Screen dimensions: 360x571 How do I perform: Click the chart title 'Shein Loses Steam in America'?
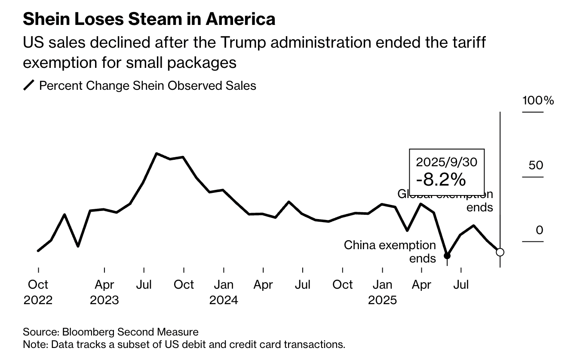(x=149, y=19)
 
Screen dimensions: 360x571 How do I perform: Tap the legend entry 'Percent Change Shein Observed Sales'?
(x=147, y=85)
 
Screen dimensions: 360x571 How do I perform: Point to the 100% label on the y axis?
(x=538, y=101)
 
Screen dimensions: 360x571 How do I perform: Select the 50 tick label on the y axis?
(x=536, y=165)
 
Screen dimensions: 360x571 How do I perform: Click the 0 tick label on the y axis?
(x=539, y=230)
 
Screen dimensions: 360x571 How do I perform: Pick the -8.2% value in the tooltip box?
(x=444, y=179)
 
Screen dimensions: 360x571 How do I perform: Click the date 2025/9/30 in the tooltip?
(x=447, y=162)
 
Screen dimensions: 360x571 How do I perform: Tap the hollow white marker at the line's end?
(x=500, y=252)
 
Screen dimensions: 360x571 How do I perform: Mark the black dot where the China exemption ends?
(x=447, y=256)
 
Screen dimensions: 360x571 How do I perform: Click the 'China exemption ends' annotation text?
(x=390, y=251)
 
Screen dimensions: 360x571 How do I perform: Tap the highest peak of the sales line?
(x=157, y=153)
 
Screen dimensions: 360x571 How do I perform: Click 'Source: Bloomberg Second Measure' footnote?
(x=111, y=332)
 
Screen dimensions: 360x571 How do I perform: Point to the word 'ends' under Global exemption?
(x=480, y=207)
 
